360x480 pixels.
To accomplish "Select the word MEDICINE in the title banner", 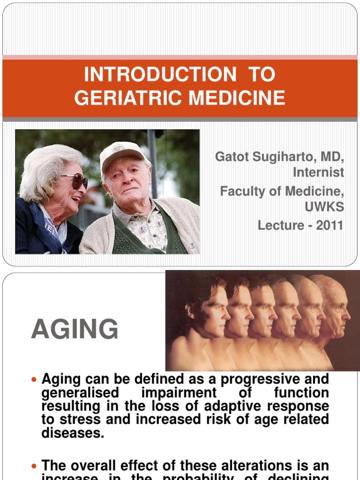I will [x=233, y=98].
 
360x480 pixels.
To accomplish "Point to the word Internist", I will [x=318, y=172].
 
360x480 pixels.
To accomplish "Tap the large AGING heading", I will [x=75, y=329].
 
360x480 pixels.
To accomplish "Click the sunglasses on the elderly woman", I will [x=76, y=181].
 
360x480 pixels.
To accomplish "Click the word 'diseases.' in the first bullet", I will [x=72, y=433].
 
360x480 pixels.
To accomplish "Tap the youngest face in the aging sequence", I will [x=213, y=312].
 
